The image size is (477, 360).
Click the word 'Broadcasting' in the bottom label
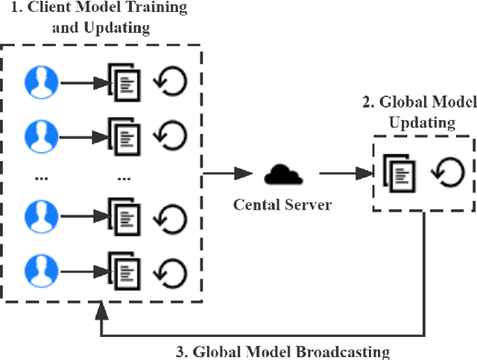(345, 351)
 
